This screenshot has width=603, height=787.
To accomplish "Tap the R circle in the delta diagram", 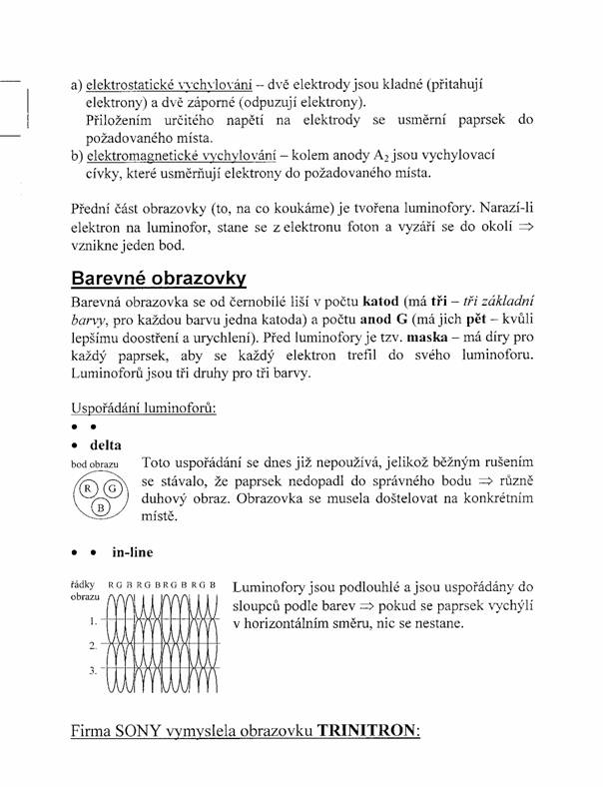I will coord(87,488).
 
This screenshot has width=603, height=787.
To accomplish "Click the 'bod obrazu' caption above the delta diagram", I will coord(95,465).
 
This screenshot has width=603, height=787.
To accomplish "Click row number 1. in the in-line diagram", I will coord(94,621).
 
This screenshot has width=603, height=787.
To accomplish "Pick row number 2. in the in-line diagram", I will coord(94,646).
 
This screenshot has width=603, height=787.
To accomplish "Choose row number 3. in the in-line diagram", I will coord(94,671).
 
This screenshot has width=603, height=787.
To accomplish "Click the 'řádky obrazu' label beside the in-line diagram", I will coord(82,588).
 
